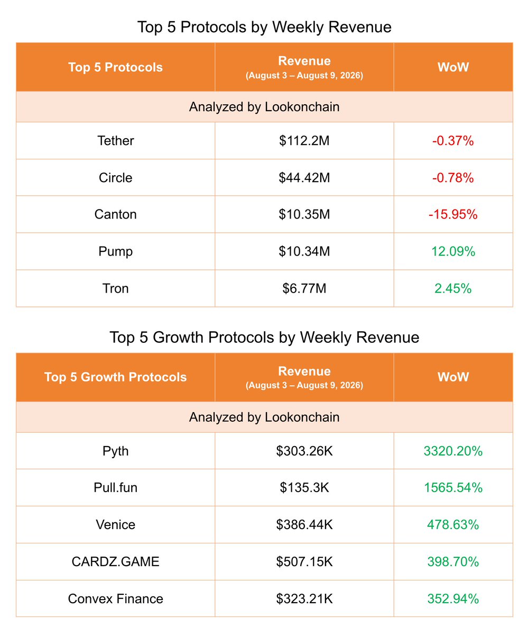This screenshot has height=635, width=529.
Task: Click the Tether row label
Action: (x=115, y=141)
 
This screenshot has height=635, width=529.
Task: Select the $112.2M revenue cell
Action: (x=304, y=141)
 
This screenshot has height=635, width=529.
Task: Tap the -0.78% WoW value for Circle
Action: (x=453, y=178)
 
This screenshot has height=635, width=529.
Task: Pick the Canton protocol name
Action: (x=115, y=214)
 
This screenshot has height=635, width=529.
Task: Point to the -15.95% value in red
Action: (x=453, y=214)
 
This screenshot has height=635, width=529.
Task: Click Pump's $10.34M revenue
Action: (x=304, y=251)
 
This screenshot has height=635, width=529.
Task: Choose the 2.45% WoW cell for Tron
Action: (x=453, y=288)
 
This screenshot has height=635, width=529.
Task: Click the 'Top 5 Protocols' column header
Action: (x=115, y=67)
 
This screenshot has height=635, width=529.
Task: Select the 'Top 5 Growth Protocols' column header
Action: (x=115, y=377)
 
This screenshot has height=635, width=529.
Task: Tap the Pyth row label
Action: (x=115, y=451)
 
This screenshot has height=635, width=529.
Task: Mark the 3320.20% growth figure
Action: (x=453, y=451)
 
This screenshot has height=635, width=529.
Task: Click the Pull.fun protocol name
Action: (x=115, y=488)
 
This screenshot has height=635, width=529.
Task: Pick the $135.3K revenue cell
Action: (x=304, y=488)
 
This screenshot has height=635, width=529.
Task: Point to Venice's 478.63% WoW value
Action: (x=453, y=525)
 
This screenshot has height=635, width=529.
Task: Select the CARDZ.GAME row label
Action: (x=115, y=561)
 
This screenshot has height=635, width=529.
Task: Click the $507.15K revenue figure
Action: (x=304, y=561)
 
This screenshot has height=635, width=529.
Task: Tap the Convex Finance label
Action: (x=115, y=599)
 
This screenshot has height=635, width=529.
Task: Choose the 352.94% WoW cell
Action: (x=453, y=599)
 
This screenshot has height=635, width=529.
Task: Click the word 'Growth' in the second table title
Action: (x=178, y=337)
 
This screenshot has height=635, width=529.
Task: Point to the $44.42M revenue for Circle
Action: (x=304, y=178)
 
